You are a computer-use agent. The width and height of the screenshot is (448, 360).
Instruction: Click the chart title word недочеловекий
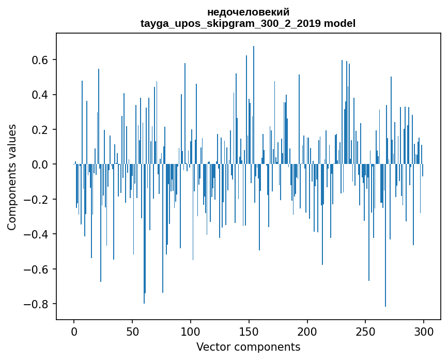pos(248,12)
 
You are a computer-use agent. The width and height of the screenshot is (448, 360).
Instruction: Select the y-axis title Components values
pos(12,177)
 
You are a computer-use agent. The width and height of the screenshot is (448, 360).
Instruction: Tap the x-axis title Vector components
pos(248,347)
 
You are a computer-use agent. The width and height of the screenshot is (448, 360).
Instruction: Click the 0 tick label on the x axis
pos(74,331)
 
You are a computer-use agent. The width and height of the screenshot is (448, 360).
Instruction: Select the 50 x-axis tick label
pos(132,331)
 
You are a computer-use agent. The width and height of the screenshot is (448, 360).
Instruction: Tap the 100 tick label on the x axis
pos(191,331)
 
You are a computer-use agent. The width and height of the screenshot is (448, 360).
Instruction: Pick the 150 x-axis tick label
pos(249,331)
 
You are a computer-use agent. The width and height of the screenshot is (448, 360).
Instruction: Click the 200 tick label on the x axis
pos(307,331)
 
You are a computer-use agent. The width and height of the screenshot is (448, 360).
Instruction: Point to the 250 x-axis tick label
pos(366,331)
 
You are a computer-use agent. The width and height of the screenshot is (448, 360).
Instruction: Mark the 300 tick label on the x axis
pos(424,331)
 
